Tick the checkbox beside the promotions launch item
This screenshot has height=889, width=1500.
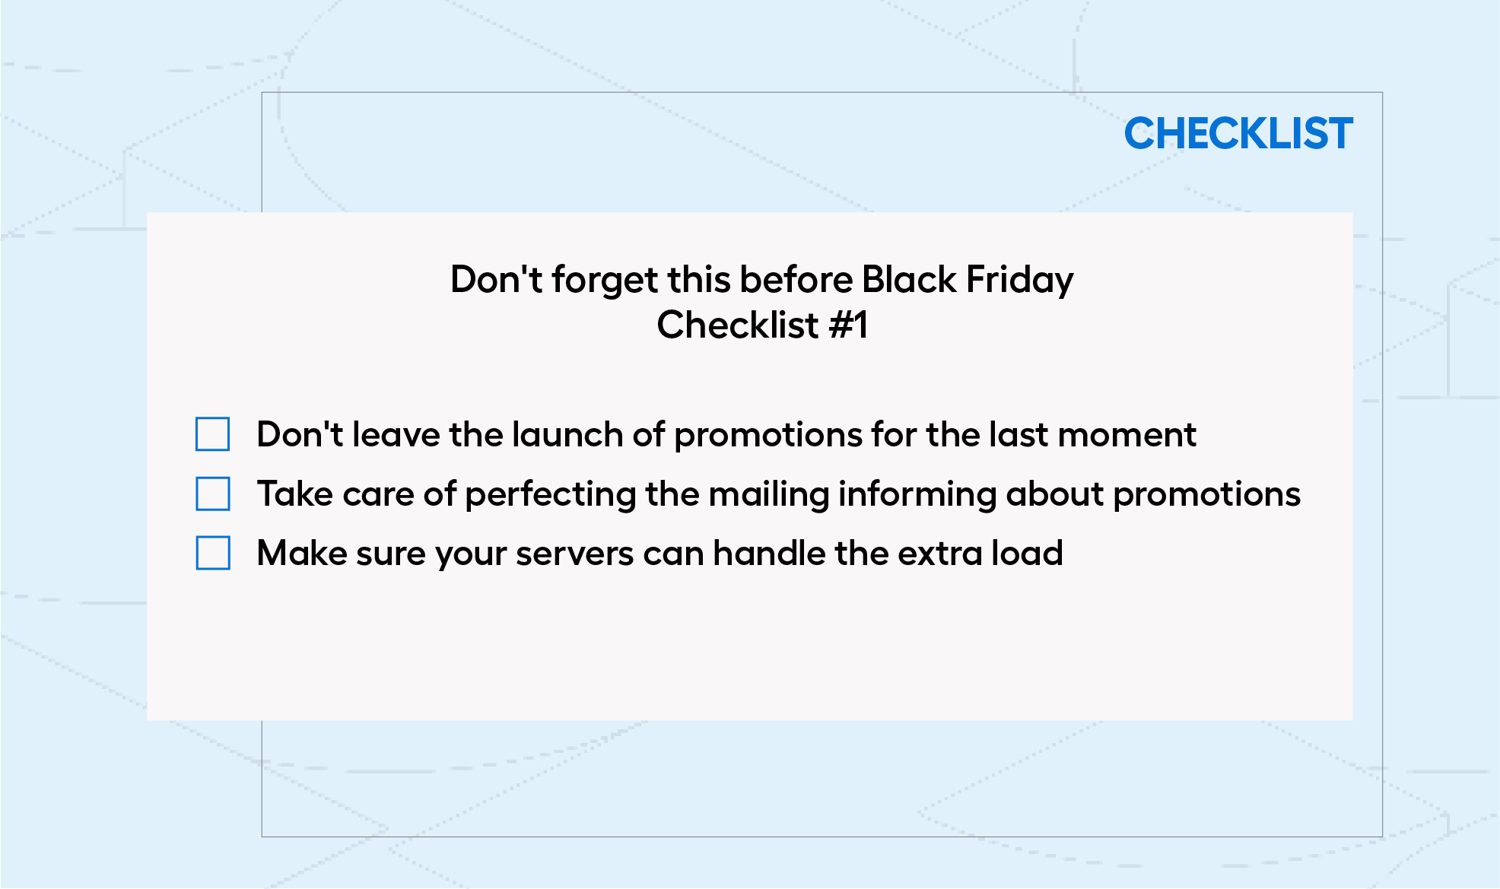click(213, 434)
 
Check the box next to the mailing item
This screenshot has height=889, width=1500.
click(213, 494)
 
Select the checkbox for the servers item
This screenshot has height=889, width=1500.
click(213, 553)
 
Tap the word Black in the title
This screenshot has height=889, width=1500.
click(909, 279)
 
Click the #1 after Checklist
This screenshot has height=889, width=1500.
click(848, 325)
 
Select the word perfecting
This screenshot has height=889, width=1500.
click(551, 495)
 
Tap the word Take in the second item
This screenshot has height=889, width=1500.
click(295, 494)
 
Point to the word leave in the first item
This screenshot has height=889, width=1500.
click(396, 434)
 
